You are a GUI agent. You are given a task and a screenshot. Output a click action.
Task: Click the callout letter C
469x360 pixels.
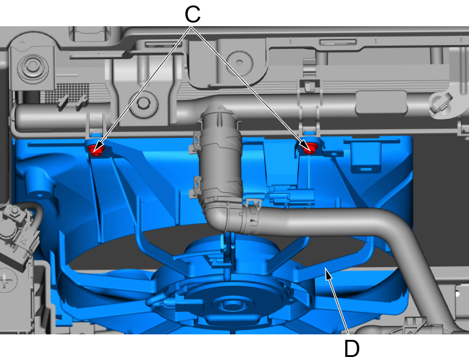point(192,14)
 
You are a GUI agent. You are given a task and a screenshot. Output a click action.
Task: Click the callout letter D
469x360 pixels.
point(352,348)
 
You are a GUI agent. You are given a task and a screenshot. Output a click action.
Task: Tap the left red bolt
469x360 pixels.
point(96,149)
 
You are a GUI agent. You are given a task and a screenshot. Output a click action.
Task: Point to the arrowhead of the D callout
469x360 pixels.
point(328,273)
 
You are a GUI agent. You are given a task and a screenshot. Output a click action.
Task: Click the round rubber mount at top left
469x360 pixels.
point(33,67)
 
